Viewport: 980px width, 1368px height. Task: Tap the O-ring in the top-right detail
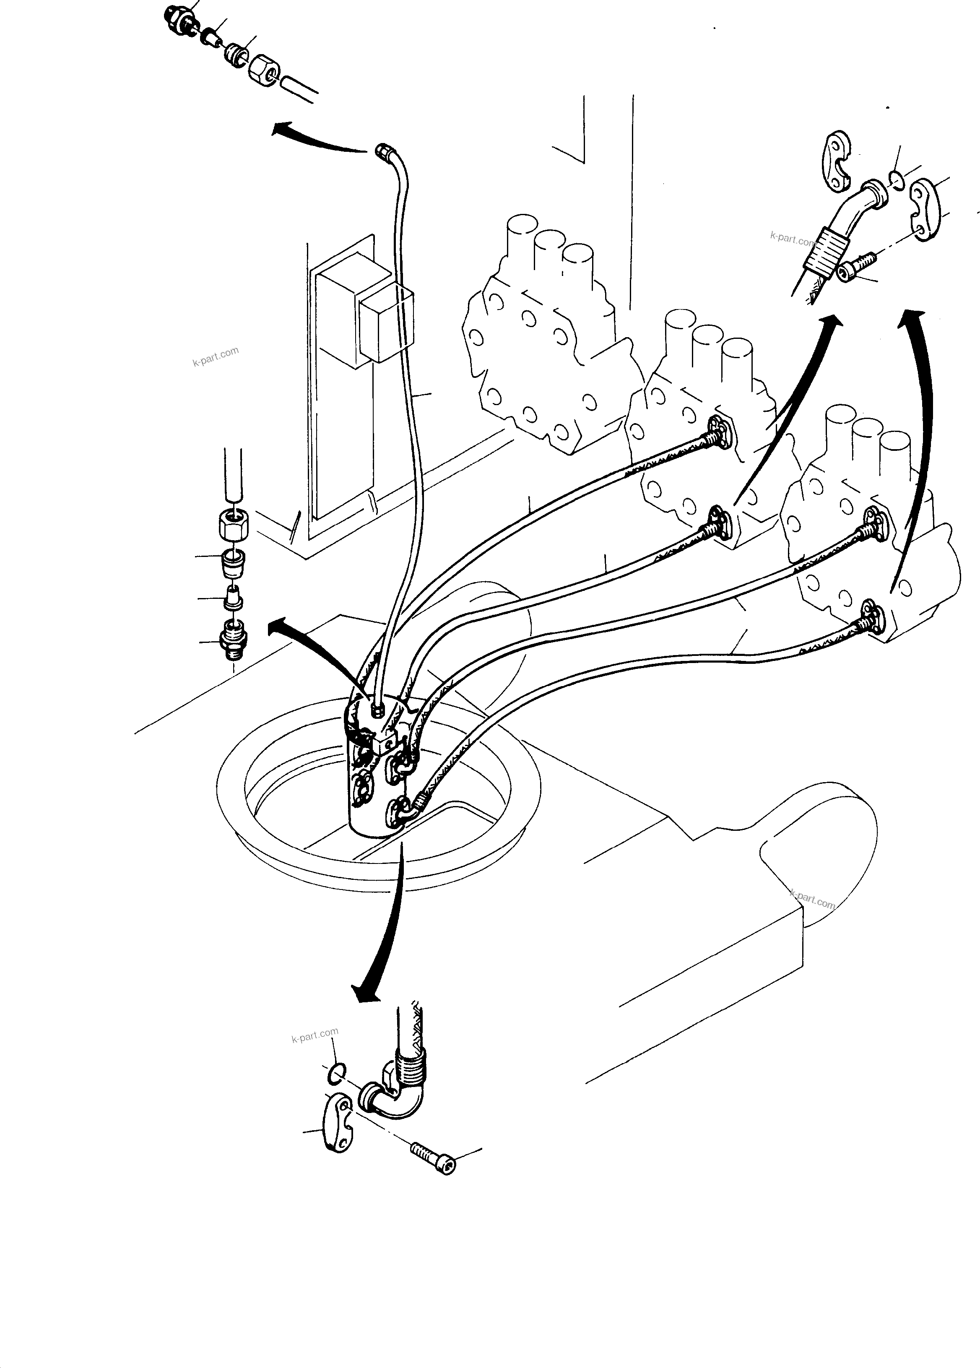[896, 179]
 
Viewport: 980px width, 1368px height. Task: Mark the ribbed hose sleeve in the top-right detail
[830, 250]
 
